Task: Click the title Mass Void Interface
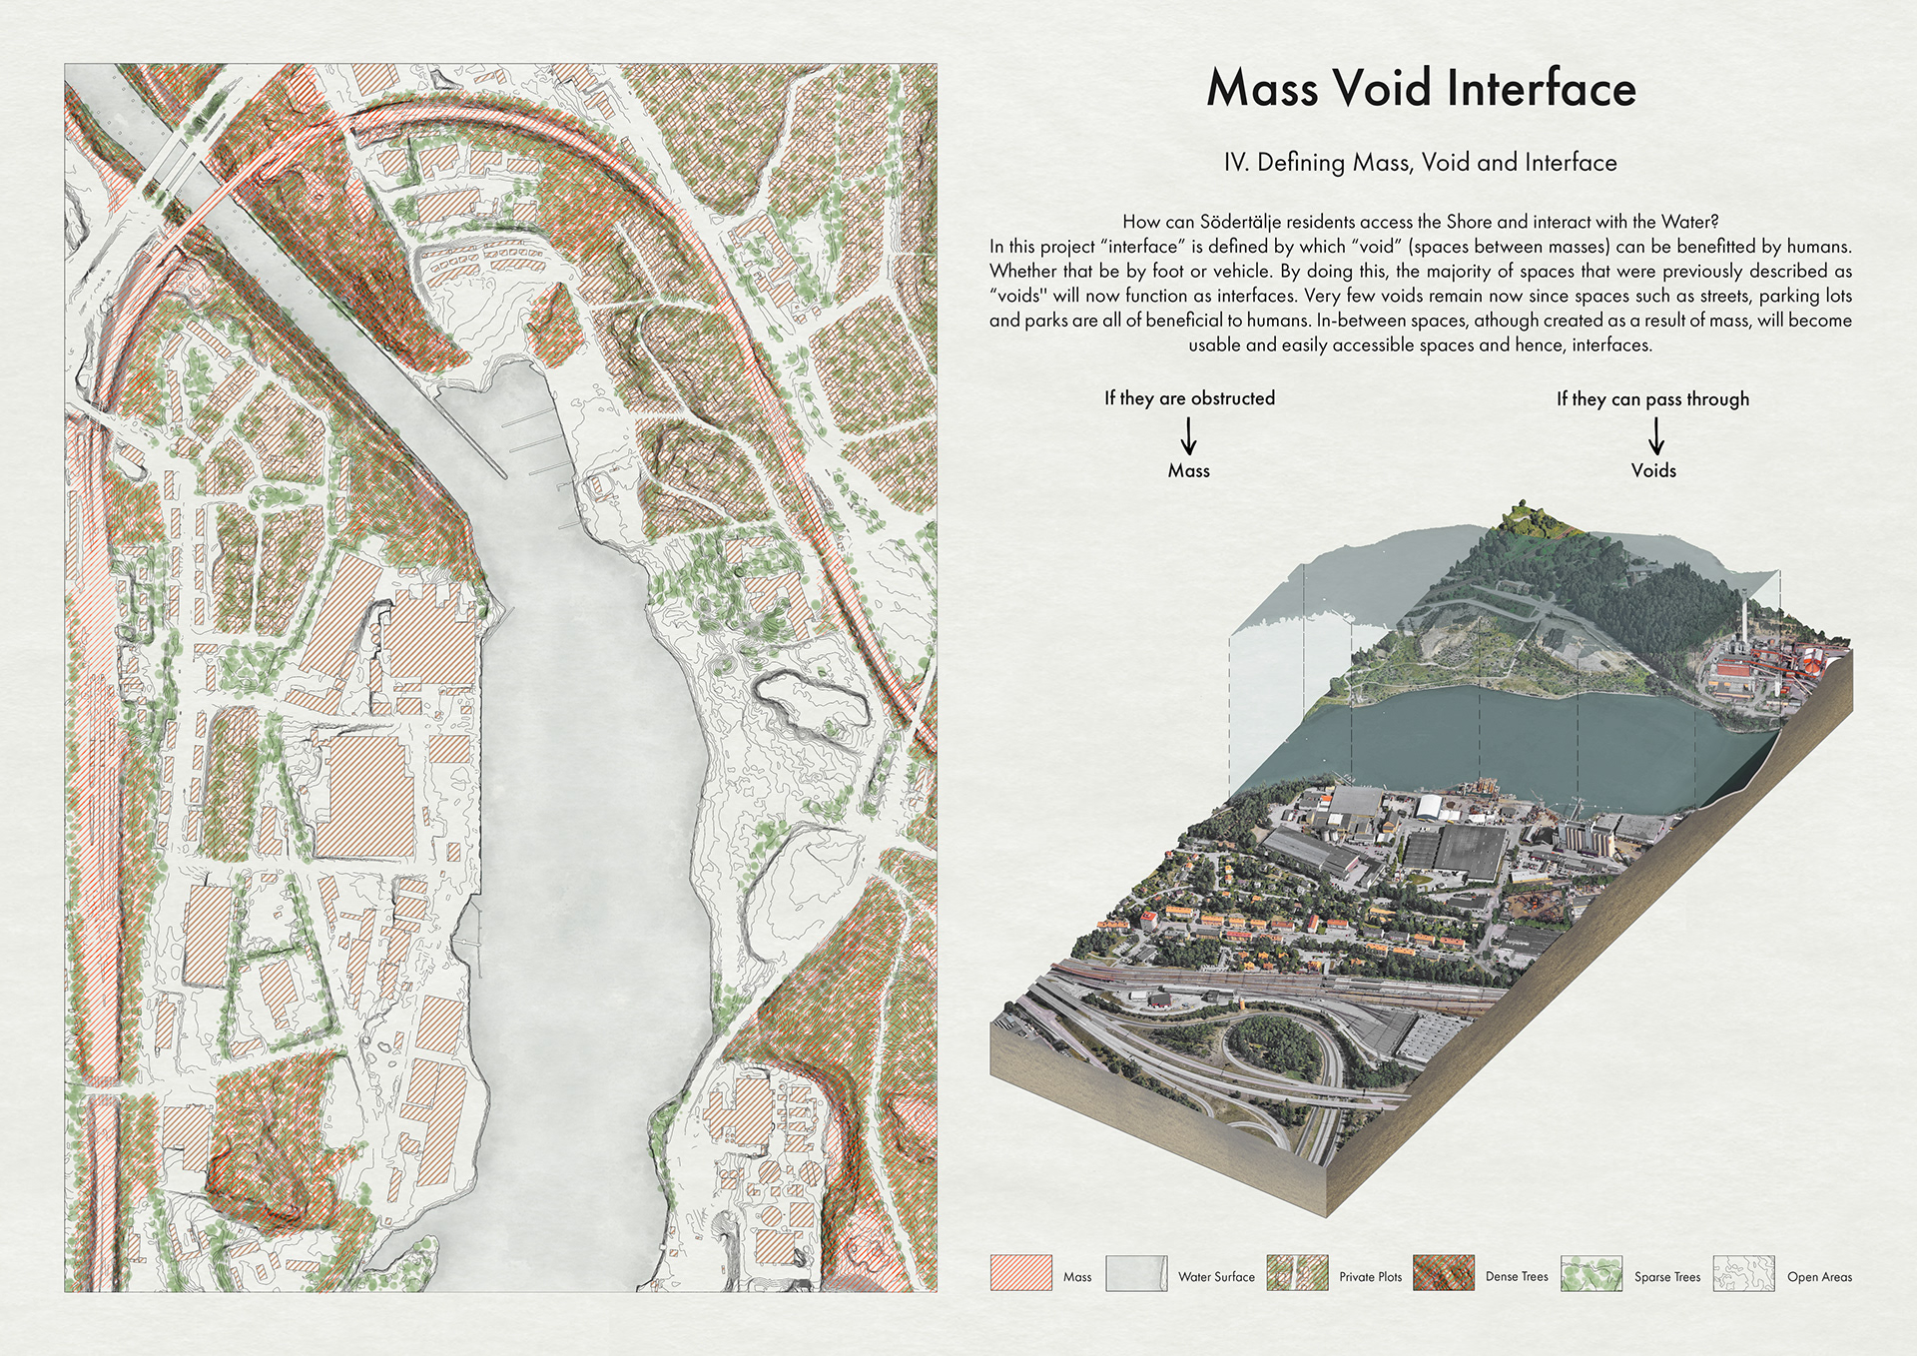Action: [1420, 88]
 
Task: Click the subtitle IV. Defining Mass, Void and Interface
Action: [1420, 163]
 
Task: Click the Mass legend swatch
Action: [1020, 1273]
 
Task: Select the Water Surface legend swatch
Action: [1136, 1273]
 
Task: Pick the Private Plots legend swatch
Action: [1297, 1273]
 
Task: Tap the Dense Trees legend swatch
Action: [1443, 1273]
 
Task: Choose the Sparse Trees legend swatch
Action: [1592, 1273]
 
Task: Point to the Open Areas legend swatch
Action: [1743, 1273]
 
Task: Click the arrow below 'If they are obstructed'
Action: [1188, 435]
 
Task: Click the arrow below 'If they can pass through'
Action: [1654, 435]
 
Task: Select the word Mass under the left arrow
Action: [1188, 470]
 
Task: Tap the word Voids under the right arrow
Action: [1653, 470]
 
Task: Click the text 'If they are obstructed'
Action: [1189, 398]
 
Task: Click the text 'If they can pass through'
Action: [1652, 399]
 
